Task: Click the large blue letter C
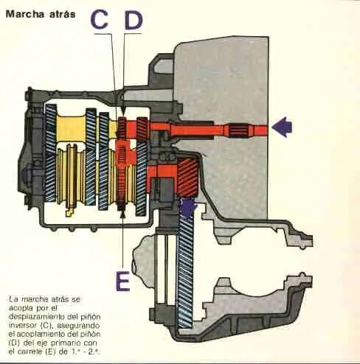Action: pos(100,18)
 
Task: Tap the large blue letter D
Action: pos(134,19)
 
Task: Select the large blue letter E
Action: pos(122,281)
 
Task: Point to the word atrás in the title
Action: pos(63,14)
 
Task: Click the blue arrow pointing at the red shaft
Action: pos(282,127)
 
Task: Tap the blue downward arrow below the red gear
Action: pos(189,209)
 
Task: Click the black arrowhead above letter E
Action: pos(122,214)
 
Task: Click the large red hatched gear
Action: pos(187,178)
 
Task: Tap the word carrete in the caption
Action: pos(30,351)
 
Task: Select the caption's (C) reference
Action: pos(45,326)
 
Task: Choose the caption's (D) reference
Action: pos(13,343)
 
